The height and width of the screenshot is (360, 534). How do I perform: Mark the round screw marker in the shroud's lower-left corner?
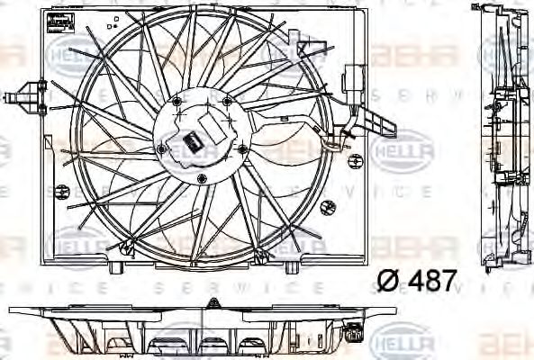pos(62,191)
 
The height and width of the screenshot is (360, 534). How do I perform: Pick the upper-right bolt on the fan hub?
pos(227,102)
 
